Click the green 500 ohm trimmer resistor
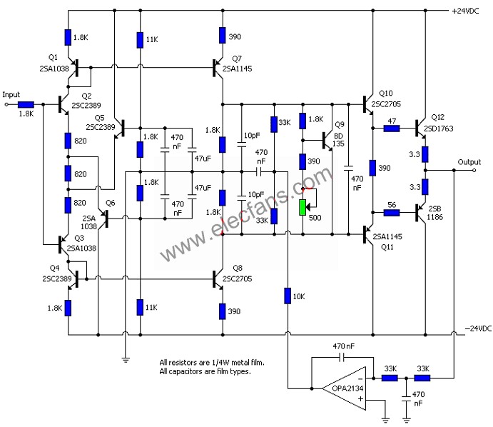[x=303, y=207]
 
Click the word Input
[x=12, y=94]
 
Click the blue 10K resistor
[x=288, y=294]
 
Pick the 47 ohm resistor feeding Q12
[x=392, y=129]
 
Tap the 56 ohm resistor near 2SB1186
[x=392, y=211]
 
